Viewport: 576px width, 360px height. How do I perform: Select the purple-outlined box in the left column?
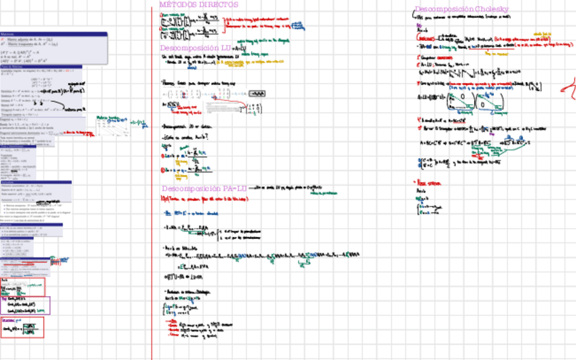coord(25,305)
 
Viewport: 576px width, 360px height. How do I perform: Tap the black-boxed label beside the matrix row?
coord(257,93)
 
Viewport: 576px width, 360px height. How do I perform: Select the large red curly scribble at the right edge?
coord(568,85)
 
